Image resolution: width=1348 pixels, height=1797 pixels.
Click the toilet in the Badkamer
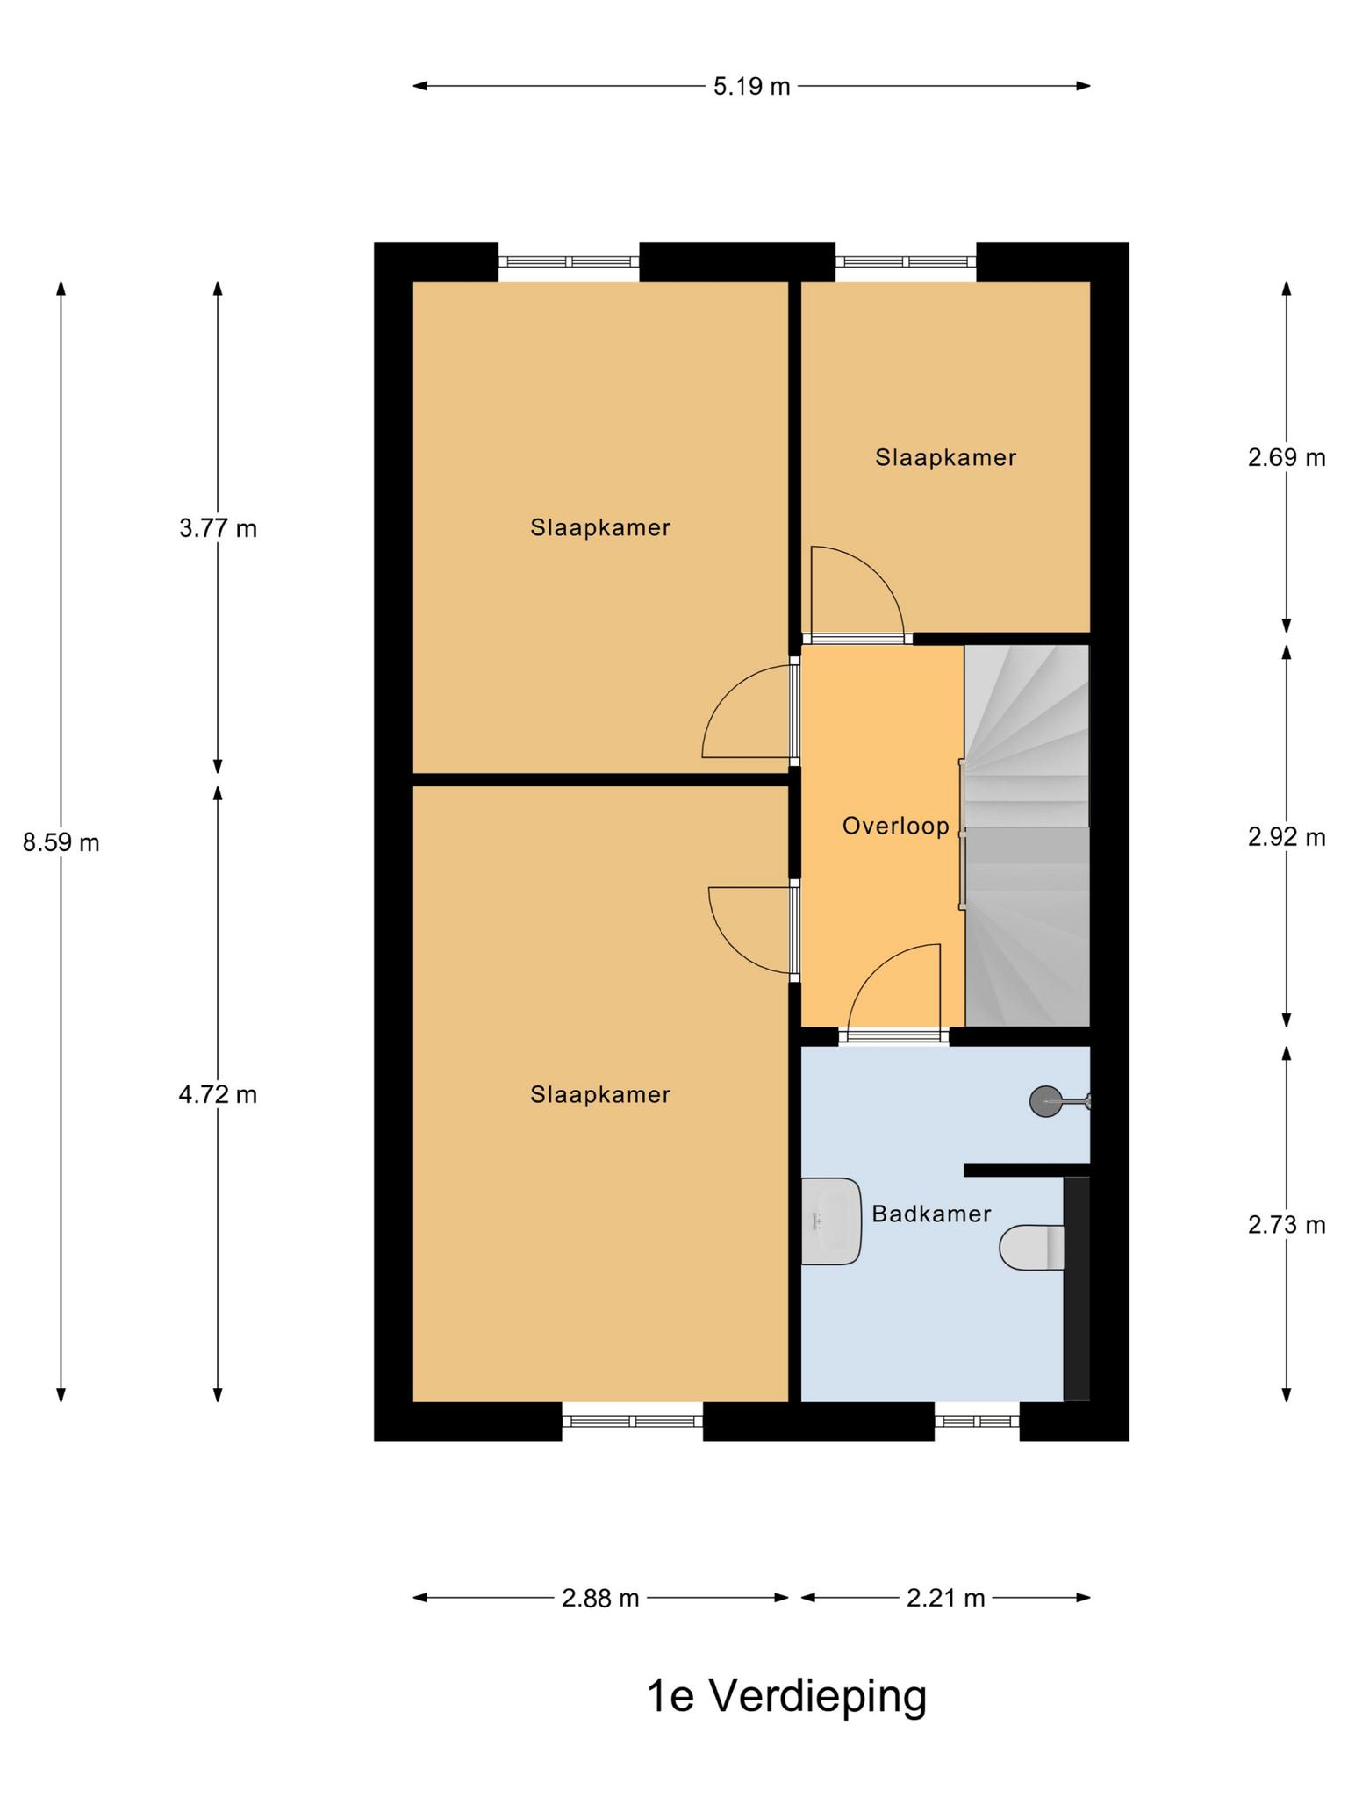click(x=1032, y=1247)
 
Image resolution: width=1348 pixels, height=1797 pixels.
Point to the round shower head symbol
click(x=1045, y=1101)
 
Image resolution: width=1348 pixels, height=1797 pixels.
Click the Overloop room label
click(x=895, y=826)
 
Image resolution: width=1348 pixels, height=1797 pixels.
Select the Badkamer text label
click(x=931, y=1214)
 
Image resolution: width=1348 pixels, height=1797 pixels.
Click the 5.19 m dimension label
click(x=751, y=86)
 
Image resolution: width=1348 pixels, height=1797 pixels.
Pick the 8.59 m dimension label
click(x=61, y=843)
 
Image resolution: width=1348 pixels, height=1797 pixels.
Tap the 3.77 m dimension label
click(x=218, y=529)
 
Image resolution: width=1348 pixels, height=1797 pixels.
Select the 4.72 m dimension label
click(x=218, y=1095)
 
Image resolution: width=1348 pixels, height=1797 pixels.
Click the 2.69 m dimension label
click(x=1287, y=457)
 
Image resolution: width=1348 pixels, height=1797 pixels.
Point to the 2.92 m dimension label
click(x=1287, y=837)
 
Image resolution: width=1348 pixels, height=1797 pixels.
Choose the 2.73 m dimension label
click(x=1287, y=1224)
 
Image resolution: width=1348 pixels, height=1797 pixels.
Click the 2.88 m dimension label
click(x=600, y=1598)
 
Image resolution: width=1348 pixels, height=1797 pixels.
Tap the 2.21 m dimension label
click(x=946, y=1598)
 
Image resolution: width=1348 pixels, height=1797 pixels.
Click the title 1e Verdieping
click(x=786, y=1697)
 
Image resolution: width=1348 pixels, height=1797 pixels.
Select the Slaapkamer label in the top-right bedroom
click(x=945, y=457)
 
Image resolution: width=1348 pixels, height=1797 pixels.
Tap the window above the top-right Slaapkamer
click(x=906, y=261)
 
